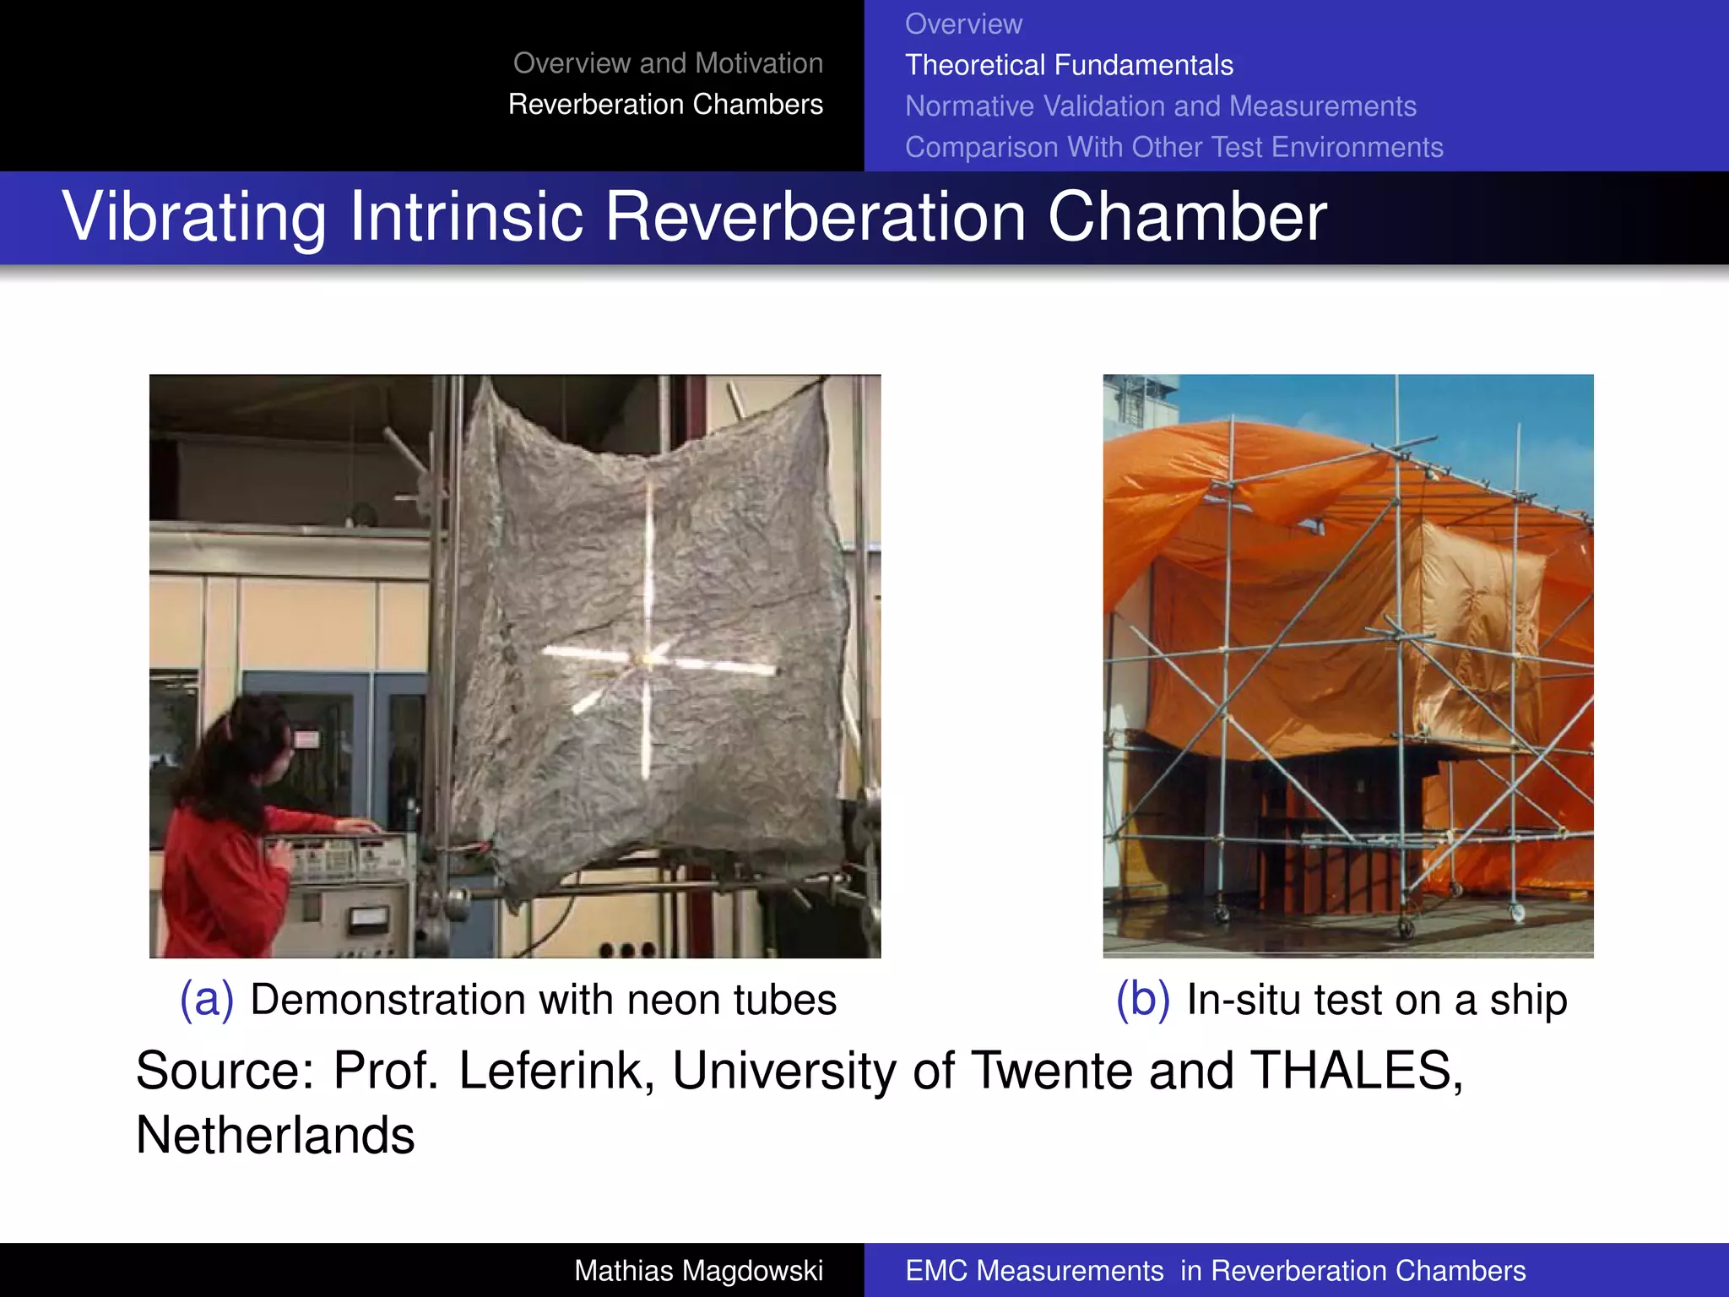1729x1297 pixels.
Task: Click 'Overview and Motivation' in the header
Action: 668,63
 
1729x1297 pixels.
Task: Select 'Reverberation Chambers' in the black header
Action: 665,105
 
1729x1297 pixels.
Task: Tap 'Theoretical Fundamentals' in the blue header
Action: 1069,65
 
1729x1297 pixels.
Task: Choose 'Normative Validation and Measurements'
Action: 1160,106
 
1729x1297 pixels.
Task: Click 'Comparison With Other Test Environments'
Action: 1173,147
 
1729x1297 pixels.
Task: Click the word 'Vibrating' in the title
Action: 194,217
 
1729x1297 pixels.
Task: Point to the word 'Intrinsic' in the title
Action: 466,217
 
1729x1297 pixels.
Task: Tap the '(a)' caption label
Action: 206,1000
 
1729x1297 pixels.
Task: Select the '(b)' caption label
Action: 1142,1000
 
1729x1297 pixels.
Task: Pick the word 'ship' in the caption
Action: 1528,1001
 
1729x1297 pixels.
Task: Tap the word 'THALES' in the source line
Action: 1353,1072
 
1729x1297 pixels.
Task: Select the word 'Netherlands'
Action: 275,1135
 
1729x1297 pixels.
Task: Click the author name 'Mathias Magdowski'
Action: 698,1271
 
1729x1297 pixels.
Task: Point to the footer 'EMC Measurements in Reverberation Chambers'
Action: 1215,1271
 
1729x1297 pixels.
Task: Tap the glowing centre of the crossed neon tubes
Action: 648,659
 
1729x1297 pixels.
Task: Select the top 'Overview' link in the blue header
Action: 963,24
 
